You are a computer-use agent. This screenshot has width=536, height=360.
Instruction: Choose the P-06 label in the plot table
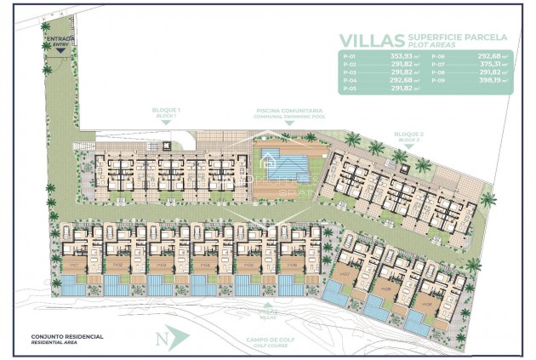(436, 57)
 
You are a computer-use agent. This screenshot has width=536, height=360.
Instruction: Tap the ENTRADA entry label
(61, 39)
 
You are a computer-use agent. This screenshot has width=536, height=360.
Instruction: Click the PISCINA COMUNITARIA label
(288, 111)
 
